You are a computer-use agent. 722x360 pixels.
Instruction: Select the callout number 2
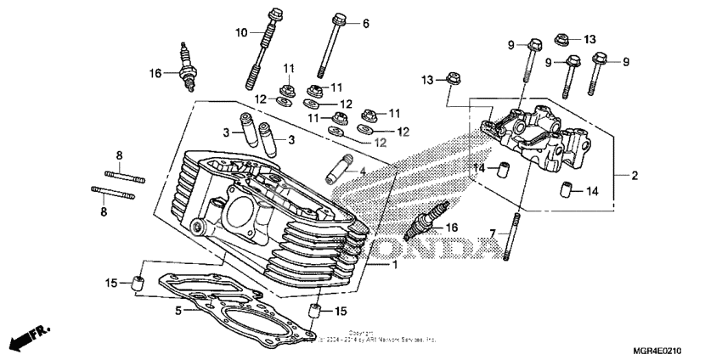[635, 176]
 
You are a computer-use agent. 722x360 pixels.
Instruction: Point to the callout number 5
[178, 311]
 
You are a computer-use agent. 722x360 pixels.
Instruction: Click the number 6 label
[366, 24]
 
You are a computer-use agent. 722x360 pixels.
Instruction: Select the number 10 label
[241, 32]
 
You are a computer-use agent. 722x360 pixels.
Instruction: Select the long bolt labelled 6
[330, 47]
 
